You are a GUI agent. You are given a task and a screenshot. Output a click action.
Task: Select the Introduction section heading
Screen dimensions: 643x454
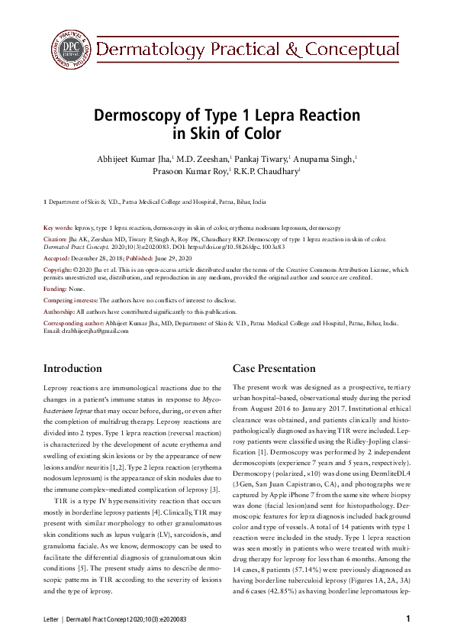click(x=72, y=369)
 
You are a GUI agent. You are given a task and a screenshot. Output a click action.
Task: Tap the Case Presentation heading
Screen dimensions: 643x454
click(x=273, y=369)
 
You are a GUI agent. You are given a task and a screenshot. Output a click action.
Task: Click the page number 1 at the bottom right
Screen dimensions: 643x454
click(x=408, y=619)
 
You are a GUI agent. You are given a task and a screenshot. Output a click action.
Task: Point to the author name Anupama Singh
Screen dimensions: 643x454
click(x=323, y=159)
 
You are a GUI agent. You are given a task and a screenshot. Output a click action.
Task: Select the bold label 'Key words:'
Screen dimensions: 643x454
click(x=58, y=228)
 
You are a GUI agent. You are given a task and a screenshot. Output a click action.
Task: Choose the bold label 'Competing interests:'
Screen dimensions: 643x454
click(x=71, y=301)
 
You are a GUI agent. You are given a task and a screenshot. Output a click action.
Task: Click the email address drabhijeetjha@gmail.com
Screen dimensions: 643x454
click(x=85, y=331)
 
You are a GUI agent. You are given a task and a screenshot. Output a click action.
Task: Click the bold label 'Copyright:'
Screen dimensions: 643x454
click(x=57, y=270)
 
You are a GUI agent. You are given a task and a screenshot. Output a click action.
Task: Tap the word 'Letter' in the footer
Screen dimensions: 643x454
click(x=51, y=619)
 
